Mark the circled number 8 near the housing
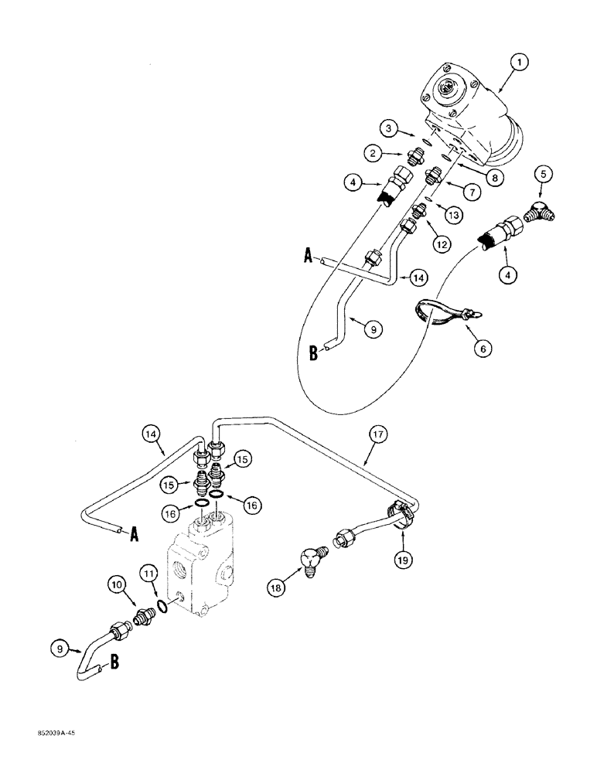490,176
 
